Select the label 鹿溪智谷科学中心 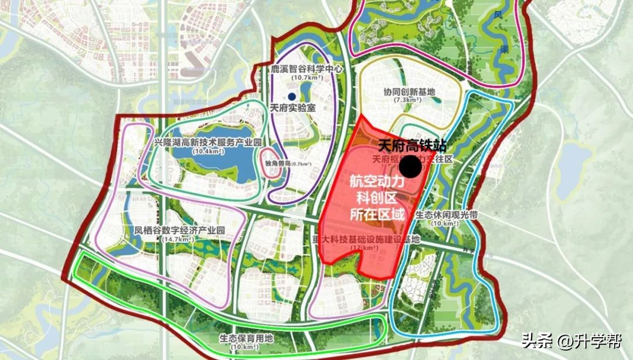coord(306,69)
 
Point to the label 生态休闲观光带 coord(447,215)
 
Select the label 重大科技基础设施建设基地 coord(366,239)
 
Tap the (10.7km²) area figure coord(306,78)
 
